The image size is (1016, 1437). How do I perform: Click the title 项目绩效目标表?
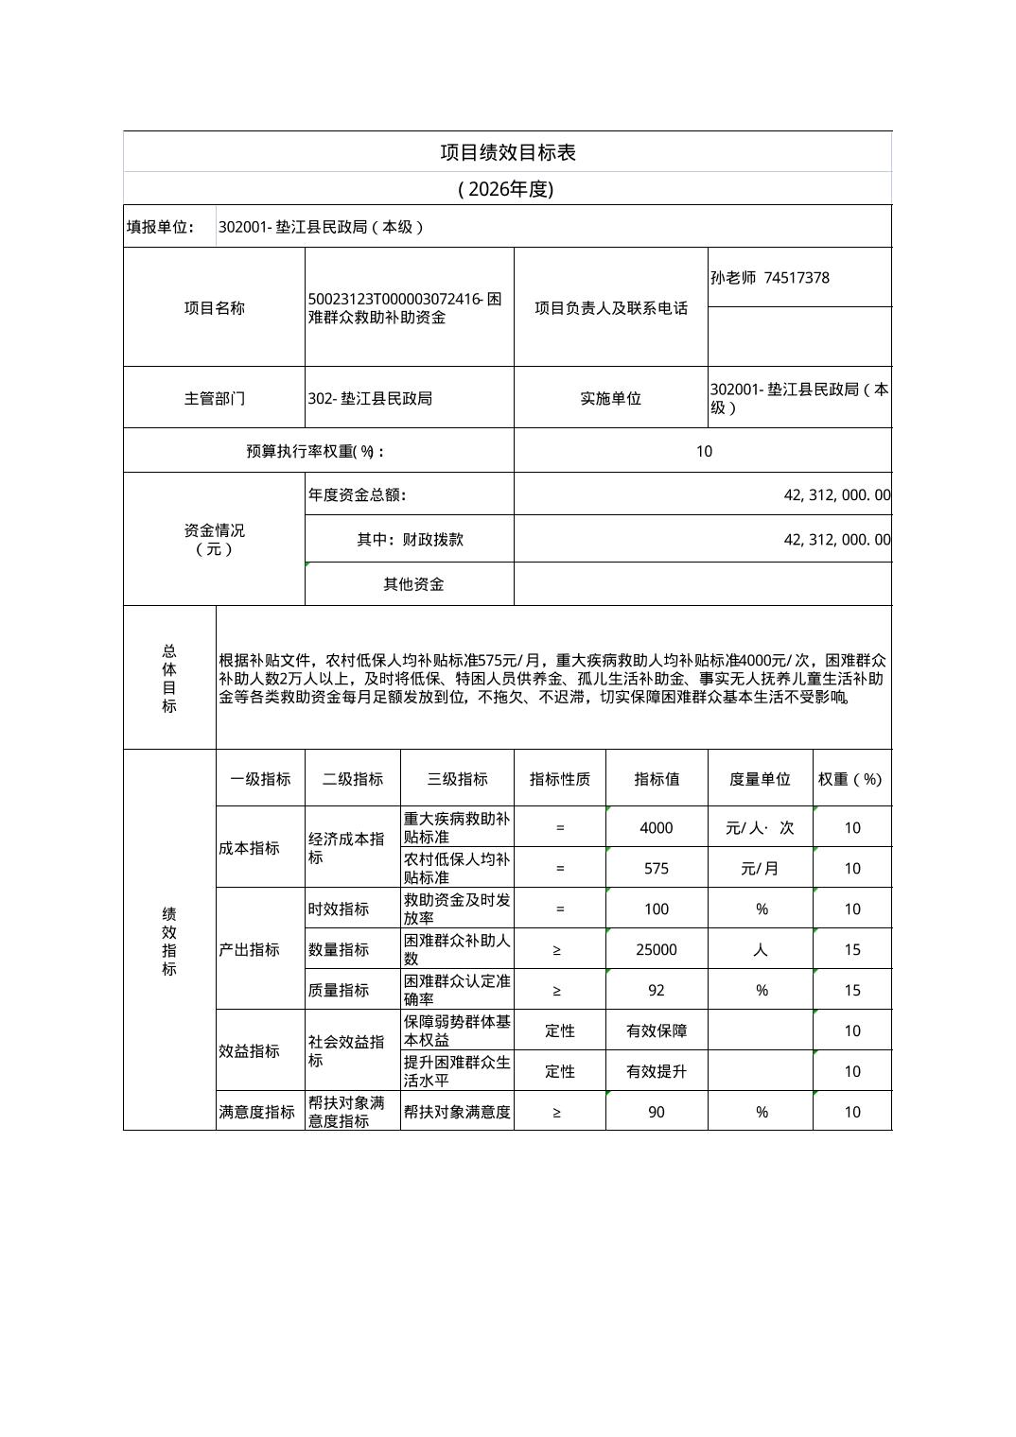(507, 152)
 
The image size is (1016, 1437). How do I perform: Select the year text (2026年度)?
(505, 189)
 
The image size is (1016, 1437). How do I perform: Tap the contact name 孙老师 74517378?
(769, 278)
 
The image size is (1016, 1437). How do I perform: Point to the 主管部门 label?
(214, 398)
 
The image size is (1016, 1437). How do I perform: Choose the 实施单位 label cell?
(610, 398)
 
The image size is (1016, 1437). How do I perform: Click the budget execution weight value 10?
(703, 451)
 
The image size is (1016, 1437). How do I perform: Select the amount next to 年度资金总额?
(836, 494)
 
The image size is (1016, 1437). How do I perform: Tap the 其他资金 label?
(412, 584)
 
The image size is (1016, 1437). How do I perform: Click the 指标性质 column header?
(559, 779)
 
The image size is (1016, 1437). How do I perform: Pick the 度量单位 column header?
(760, 779)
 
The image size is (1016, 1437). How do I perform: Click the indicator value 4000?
(656, 828)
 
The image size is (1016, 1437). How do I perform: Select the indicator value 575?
(656, 869)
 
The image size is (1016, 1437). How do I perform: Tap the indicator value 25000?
(656, 950)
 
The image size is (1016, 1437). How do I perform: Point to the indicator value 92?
(656, 991)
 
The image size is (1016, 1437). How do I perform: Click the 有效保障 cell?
(656, 1031)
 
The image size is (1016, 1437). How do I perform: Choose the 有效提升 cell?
(656, 1072)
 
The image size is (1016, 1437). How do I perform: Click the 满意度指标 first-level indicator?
(256, 1113)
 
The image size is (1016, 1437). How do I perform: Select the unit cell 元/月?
(760, 869)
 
